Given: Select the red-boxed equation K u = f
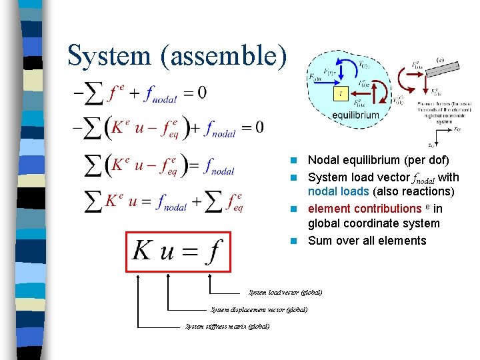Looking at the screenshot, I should tap(178, 251).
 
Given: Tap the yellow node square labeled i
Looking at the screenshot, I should tap(341, 93).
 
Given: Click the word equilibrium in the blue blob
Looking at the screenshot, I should tap(355, 115).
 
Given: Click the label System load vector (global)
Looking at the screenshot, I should tap(285, 293).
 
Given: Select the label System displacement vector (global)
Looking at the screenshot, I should tap(259, 310).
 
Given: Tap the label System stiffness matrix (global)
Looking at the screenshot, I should tap(227, 327).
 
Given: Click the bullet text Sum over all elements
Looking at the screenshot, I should tap(367, 241).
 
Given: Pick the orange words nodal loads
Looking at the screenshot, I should tap(338, 192).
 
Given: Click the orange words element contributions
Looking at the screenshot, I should tap(364, 209).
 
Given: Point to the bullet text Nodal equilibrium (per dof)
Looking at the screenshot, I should tap(378, 160).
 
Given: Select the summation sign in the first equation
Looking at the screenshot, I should tap(95, 93).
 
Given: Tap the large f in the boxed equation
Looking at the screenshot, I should tap(213, 252).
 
